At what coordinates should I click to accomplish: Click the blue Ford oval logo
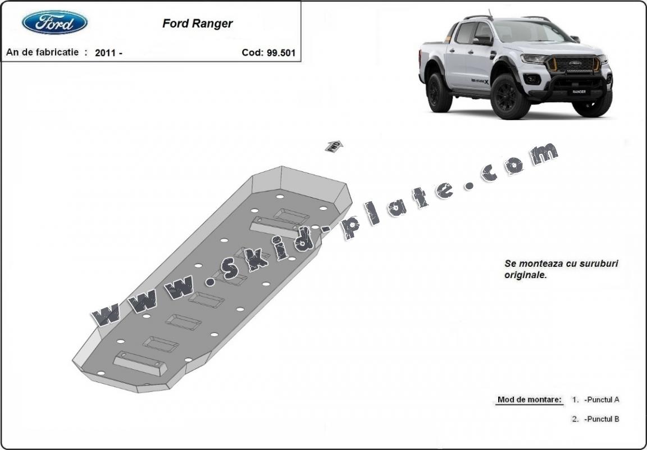click(x=54, y=23)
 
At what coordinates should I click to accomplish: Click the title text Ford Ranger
click(x=197, y=24)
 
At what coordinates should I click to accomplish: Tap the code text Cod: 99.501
click(x=268, y=53)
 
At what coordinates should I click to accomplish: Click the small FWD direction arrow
click(x=334, y=146)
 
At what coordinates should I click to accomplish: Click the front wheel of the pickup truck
click(x=509, y=97)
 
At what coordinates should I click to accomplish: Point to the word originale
click(x=525, y=275)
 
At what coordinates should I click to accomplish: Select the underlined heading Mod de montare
click(x=529, y=400)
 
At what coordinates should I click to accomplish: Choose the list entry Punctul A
click(x=602, y=400)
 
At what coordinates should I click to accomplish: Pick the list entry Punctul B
click(x=602, y=419)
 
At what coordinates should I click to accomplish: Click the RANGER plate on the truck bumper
click(x=578, y=91)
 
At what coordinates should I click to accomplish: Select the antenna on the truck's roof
click(x=490, y=13)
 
